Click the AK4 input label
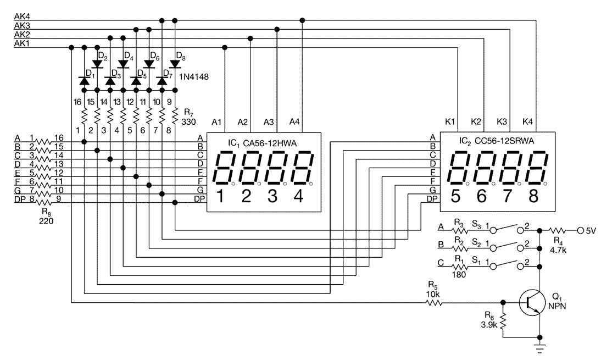point(21,16)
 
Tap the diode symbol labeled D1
point(84,81)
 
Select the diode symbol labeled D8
point(175,64)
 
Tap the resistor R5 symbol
point(433,302)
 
